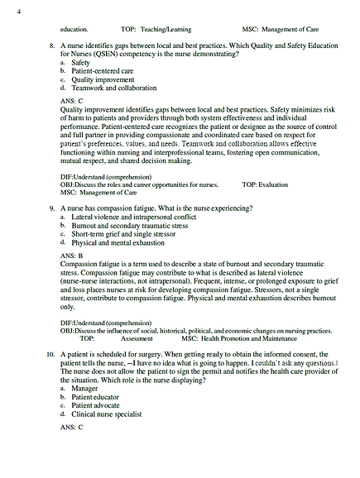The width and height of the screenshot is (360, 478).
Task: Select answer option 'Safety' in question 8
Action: [81, 62]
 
